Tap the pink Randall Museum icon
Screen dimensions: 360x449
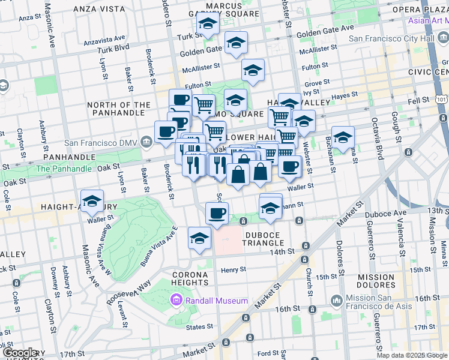pyautogui.click(x=176, y=300)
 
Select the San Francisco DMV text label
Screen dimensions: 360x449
pyautogui.click(x=101, y=143)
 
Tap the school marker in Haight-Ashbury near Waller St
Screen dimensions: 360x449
pyautogui.click(x=92, y=202)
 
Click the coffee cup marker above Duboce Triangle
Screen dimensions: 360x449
pyautogui.click(x=217, y=212)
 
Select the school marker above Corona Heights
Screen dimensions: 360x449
pyautogui.click(x=199, y=239)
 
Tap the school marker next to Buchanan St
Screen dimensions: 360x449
pyautogui.click(x=343, y=137)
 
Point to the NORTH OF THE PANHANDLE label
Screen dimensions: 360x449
pyautogui.click(x=119, y=109)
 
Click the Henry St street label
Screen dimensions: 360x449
pyautogui.click(x=233, y=269)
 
